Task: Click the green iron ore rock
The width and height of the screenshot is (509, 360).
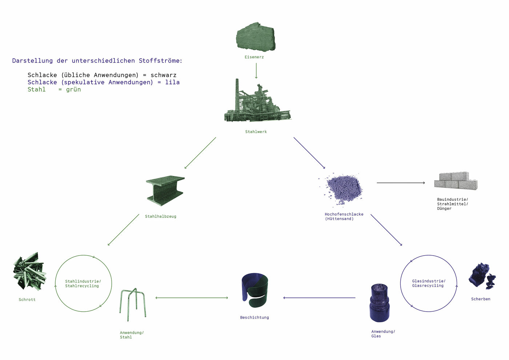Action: (x=256, y=37)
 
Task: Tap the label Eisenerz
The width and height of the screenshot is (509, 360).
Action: (x=254, y=57)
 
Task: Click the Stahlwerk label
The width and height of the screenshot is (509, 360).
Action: (x=256, y=132)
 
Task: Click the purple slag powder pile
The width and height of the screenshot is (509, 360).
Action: (x=342, y=189)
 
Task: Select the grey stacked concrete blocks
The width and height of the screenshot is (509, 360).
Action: (x=456, y=181)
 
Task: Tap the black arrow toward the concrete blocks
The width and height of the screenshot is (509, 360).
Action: (x=401, y=183)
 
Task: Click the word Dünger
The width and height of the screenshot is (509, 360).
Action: (x=444, y=209)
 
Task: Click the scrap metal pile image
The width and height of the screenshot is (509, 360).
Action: (x=29, y=271)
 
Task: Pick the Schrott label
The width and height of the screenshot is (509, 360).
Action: (x=27, y=300)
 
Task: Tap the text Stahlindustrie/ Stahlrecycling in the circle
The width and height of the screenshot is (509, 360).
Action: (x=83, y=283)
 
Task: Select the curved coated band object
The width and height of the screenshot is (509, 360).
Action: (x=255, y=290)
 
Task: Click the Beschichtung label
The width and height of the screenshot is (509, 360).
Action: (x=254, y=317)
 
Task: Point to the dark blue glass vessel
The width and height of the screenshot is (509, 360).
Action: (x=379, y=303)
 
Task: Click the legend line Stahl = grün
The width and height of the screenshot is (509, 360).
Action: (x=54, y=89)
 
